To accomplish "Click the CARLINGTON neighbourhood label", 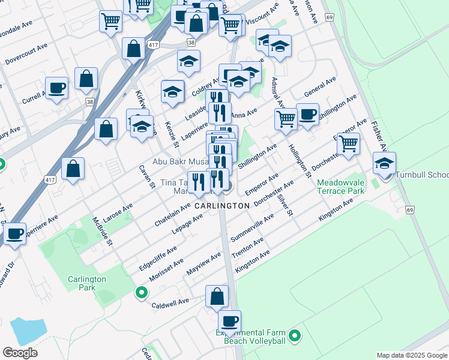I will (222, 206).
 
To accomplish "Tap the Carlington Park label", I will (86, 283).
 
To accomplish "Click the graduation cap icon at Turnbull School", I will (384, 163).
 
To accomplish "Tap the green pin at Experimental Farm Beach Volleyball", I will (295, 337).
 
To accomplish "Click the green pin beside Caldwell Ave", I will (142, 293).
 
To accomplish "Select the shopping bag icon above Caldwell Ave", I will (217, 296).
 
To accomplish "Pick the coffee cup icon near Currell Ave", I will (56, 89).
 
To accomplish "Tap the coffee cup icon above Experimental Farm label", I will (229, 321).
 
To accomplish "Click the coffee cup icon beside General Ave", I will (307, 114).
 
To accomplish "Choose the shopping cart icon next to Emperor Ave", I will (348, 143).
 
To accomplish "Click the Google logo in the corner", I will (20, 353).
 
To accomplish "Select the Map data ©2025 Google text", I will (411, 355).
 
